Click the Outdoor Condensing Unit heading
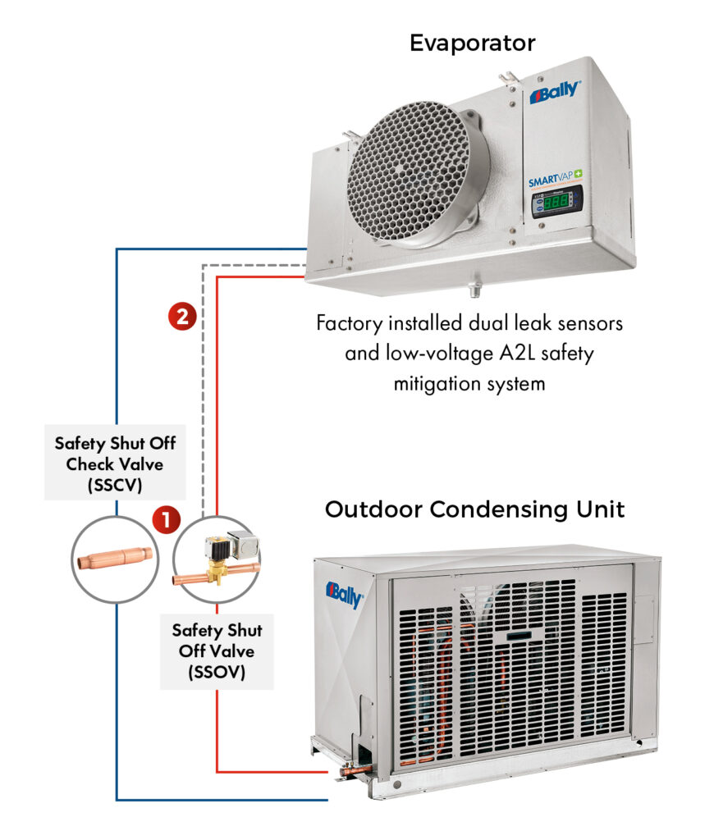tap(474, 509)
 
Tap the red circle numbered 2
tap(181, 317)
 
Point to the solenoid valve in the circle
tap(217, 558)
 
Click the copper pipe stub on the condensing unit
tap(355, 769)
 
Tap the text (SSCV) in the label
tap(115, 484)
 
